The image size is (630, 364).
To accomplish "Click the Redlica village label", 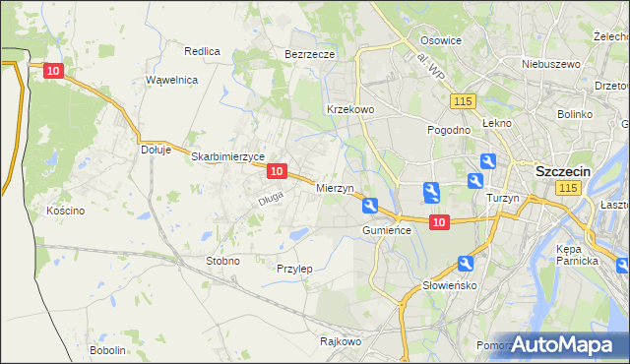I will pos(202,50).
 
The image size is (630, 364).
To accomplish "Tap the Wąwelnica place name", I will pos(172,80).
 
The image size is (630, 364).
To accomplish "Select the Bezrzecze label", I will pos(310,54).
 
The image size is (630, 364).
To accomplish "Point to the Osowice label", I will pos(441,40).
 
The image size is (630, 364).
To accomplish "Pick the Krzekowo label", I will pos(349,109).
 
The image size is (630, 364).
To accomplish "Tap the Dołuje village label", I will pos(157,150).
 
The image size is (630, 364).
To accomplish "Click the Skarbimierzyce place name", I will pos(228,156).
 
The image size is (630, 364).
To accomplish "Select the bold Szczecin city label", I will pos(562,170).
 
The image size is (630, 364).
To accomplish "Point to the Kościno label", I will pos(66,211).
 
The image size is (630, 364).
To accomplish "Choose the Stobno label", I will pos(222,261).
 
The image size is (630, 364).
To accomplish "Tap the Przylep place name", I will pos(294,269).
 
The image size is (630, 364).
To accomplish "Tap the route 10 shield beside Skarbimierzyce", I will pos(277,171).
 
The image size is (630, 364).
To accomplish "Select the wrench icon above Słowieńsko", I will pos(466,264).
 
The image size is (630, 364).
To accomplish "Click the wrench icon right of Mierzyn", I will pos(369,206).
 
